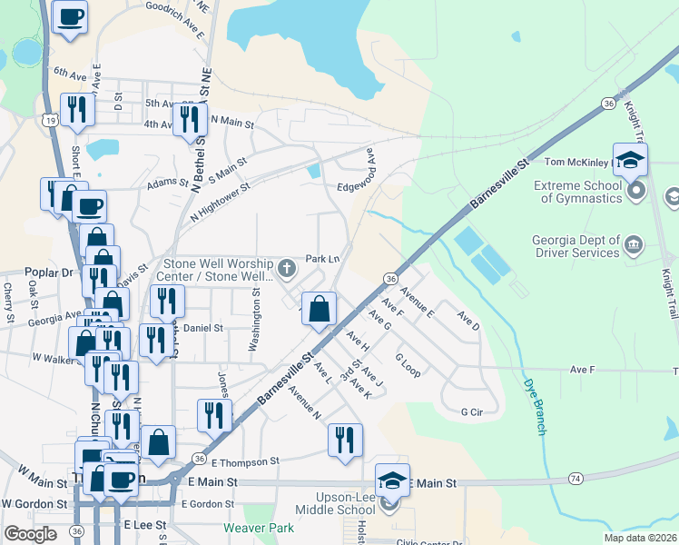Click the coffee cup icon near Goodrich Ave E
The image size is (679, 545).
[71, 15]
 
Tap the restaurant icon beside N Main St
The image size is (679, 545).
[190, 119]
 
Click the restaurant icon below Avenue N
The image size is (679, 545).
[345, 440]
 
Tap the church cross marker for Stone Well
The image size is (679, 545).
[287, 267]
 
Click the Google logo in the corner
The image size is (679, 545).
[30, 533]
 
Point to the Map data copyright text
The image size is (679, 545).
[639, 538]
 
